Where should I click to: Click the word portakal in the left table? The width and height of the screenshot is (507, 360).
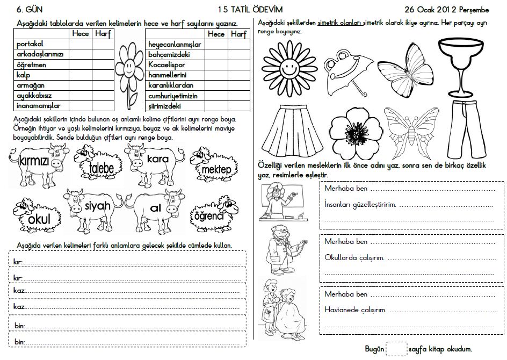[x=30, y=44]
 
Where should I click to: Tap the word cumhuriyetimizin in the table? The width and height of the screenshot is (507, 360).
[x=173, y=96]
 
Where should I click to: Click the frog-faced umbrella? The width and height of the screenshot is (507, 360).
[x=346, y=69]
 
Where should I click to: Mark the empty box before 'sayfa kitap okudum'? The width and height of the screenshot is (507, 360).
[x=396, y=349]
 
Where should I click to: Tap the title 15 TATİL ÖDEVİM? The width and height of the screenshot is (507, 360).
[x=250, y=9]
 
